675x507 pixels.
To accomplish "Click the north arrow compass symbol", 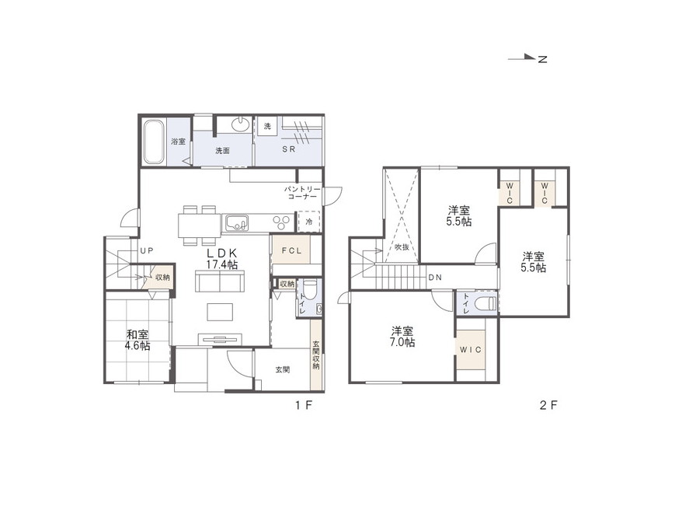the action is [527, 58].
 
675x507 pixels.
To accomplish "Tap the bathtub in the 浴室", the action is [154, 142].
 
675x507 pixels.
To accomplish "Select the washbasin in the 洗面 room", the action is [241, 124].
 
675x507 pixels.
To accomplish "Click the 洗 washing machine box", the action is [268, 126].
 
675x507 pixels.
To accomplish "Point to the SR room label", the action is [288, 149].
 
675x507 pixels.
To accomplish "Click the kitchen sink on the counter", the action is [235, 223].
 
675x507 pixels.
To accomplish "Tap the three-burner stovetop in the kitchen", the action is [281, 222].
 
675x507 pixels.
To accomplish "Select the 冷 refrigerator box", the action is [309, 222].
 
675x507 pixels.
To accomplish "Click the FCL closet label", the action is [291, 250].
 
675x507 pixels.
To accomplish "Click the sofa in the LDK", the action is [220, 281].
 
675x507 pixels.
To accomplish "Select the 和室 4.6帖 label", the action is [137, 340].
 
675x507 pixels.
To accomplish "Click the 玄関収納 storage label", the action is [316, 355].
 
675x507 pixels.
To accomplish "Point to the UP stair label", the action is [146, 250].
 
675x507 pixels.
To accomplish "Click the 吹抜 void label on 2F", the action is [402, 247].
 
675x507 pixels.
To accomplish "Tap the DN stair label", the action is [435, 278].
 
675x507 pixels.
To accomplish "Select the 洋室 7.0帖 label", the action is [403, 337].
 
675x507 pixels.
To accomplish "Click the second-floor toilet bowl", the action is [484, 303].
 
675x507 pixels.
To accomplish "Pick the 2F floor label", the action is [548, 405].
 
